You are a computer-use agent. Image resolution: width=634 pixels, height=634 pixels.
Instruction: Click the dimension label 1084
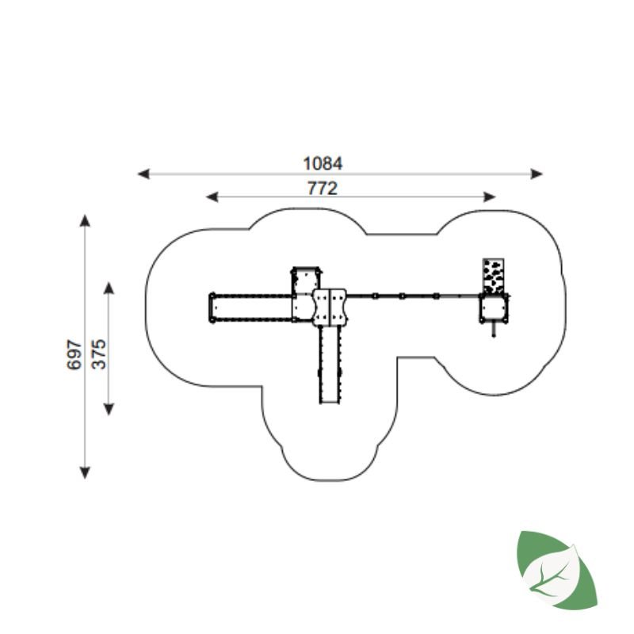[323, 164]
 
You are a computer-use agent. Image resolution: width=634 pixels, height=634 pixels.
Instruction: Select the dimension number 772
[323, 189]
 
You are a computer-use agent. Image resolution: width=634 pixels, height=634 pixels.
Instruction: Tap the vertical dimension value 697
[74, 354]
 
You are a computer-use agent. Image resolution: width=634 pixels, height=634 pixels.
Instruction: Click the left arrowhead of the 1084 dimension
[143, 174]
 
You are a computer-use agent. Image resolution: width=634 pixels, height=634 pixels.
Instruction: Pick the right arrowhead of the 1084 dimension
[537, 174]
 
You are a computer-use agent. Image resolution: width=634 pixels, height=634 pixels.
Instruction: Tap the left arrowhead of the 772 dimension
[212, 197]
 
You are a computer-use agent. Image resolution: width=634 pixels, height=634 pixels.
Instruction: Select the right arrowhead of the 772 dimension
[490, 197]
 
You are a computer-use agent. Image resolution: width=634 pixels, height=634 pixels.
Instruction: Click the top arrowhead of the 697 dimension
[85, 221]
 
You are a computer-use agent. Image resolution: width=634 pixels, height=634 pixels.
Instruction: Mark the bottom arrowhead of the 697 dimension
[85, 472]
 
